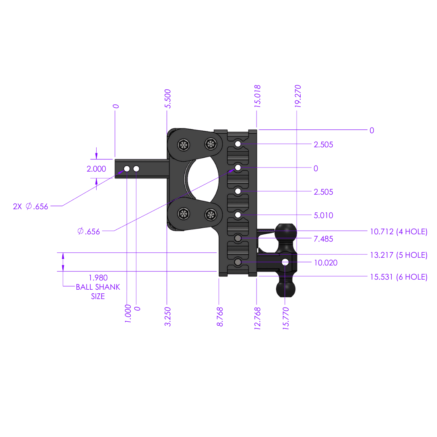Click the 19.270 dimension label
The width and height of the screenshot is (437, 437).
click(x=298, y=96)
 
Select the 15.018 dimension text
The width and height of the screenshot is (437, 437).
click(x=257, y=96)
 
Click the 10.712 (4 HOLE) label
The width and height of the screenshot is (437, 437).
click(x=399, y=232)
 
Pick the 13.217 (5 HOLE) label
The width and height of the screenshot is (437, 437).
click(x=399, y=255)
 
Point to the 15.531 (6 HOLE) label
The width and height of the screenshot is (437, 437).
click(x=399, y=277)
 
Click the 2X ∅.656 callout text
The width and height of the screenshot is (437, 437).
click(x=30, y=206)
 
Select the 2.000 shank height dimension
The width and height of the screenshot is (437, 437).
click(x=96, y=169)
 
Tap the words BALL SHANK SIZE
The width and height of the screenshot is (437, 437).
click(x=98, y=292)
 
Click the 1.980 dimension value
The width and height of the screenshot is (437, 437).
click(x=98, y=278)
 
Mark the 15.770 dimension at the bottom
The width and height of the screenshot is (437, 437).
click(x=286, y=318)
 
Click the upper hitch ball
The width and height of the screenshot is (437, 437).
click(x=286, y=232)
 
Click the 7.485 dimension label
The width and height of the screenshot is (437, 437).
click(x=323, y=239)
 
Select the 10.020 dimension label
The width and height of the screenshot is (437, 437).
click(x=326, y=263)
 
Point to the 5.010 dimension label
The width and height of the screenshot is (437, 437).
click(x=323, y=216)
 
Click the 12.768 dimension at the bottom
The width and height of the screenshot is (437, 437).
click(x=257, y=318)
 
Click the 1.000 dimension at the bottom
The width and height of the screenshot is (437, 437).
click(x=128, y=314)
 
